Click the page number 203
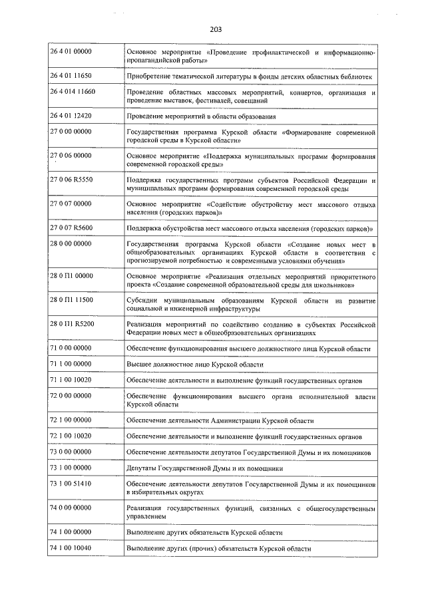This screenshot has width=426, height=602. coord(215,29)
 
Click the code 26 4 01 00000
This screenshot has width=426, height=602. coord(71,52)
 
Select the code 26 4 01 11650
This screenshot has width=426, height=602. coord(71,76)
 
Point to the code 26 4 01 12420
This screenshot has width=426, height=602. coord(71,116)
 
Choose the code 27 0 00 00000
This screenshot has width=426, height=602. coord(71,133)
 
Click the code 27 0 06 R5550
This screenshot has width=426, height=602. coord(71,180)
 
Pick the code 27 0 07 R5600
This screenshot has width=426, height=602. coord(71,228)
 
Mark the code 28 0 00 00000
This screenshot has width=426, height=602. coord(71,245)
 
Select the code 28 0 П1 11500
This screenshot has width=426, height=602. coord(72,301)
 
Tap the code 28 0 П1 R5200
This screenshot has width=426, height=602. coord(72,324)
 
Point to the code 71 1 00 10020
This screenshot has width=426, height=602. coord(71,380)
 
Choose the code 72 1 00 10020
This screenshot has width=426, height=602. coord(71,436)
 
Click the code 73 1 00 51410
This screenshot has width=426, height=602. coord(71,484)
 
